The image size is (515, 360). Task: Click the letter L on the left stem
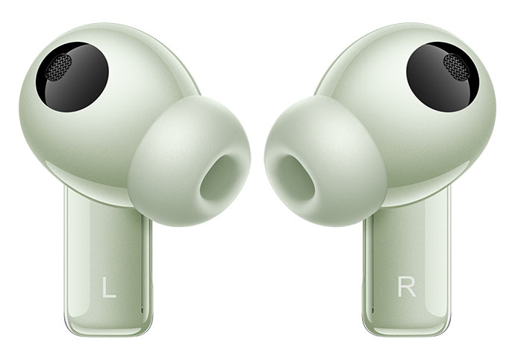[x=109, y=288]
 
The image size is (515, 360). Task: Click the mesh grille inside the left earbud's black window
[x=58, y=67]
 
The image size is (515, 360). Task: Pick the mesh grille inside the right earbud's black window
[x=456, y=67]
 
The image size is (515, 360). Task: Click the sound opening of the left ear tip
[x=219, y=178]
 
